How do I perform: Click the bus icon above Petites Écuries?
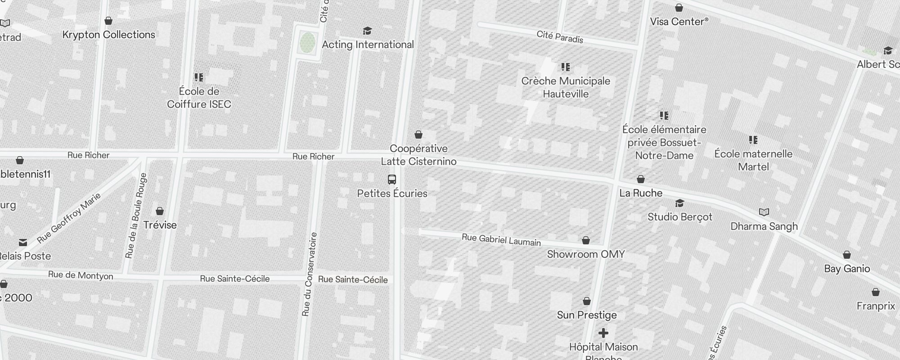point(392,180)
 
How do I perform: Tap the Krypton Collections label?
point(109,35)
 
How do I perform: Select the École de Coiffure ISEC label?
point(199,98)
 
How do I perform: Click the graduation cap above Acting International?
point(368,31)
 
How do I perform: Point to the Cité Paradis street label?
point(560,37)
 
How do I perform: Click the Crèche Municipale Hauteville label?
point(566,87)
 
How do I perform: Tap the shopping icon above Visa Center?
point(679,8)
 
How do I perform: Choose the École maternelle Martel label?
point(753,160)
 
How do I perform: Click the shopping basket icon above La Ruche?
point(641,179)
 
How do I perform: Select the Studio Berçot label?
point(679,217)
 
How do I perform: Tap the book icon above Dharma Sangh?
point(764,212)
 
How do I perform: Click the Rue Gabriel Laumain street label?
point(501,240)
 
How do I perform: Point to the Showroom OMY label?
point(586,254)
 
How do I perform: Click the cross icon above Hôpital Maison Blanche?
point(603,333)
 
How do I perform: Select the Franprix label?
point(876,306)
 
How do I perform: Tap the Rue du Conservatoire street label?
point(310,274)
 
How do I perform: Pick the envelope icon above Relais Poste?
point(23,243)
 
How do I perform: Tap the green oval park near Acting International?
point(308,43)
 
